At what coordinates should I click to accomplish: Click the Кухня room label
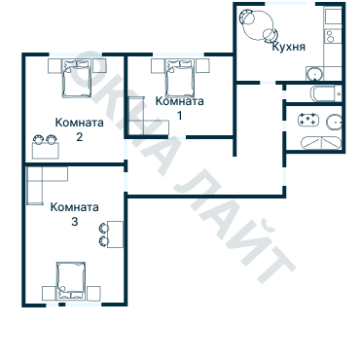(288, 47)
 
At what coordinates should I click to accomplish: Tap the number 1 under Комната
(179, 115)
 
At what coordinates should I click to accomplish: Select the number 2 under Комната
(80, 136)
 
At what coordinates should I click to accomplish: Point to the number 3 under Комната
(75, 222)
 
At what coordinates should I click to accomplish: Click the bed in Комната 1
(180, 78)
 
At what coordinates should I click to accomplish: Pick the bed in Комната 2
(77, 78)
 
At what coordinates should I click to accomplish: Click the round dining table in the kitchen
(257, 25)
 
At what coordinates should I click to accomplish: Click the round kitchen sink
(314, 74)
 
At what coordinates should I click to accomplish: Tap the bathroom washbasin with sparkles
(308, 120)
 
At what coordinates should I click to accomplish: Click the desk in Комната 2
(46, 151)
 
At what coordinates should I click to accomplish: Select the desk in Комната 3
(115, 234)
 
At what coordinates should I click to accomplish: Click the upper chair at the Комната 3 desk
(104, 229)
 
